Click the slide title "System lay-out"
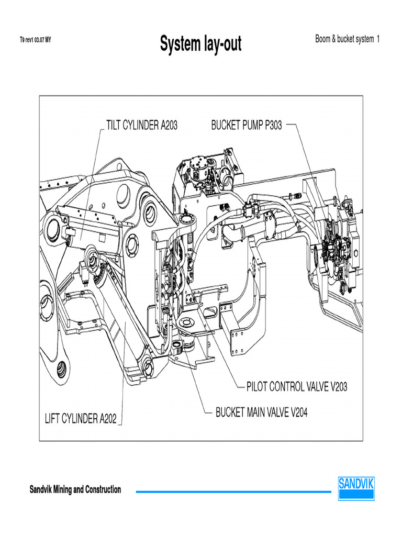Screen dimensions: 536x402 pos(200,44)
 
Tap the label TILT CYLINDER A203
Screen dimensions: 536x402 pos(141,126)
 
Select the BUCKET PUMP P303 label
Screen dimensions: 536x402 pos(246,126)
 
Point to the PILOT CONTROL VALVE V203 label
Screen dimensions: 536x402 pos(296,387)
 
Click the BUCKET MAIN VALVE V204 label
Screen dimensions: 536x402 pos(261,412)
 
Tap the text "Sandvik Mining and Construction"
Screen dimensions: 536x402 pos(75,490)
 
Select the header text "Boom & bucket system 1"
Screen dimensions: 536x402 pos(347,39)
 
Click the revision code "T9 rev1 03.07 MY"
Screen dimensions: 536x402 pos(35,39)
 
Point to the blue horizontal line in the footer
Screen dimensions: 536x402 pos(233,492)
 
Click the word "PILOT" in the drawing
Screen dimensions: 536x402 pos(259,387)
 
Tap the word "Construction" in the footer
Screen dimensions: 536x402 pos(103,490)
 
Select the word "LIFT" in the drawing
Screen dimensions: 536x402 pos(52,419)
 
